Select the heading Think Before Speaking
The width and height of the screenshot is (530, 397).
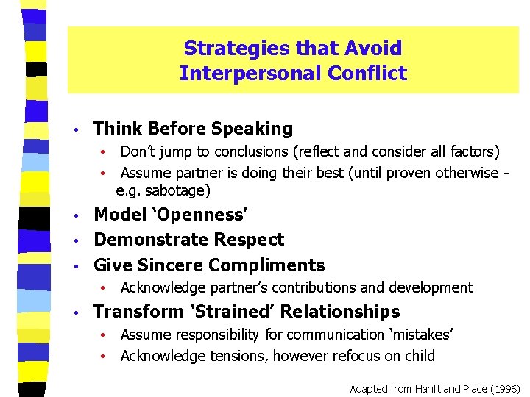193,129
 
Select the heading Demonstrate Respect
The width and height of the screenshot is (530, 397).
188,240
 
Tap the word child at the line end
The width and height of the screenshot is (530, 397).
420,357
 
